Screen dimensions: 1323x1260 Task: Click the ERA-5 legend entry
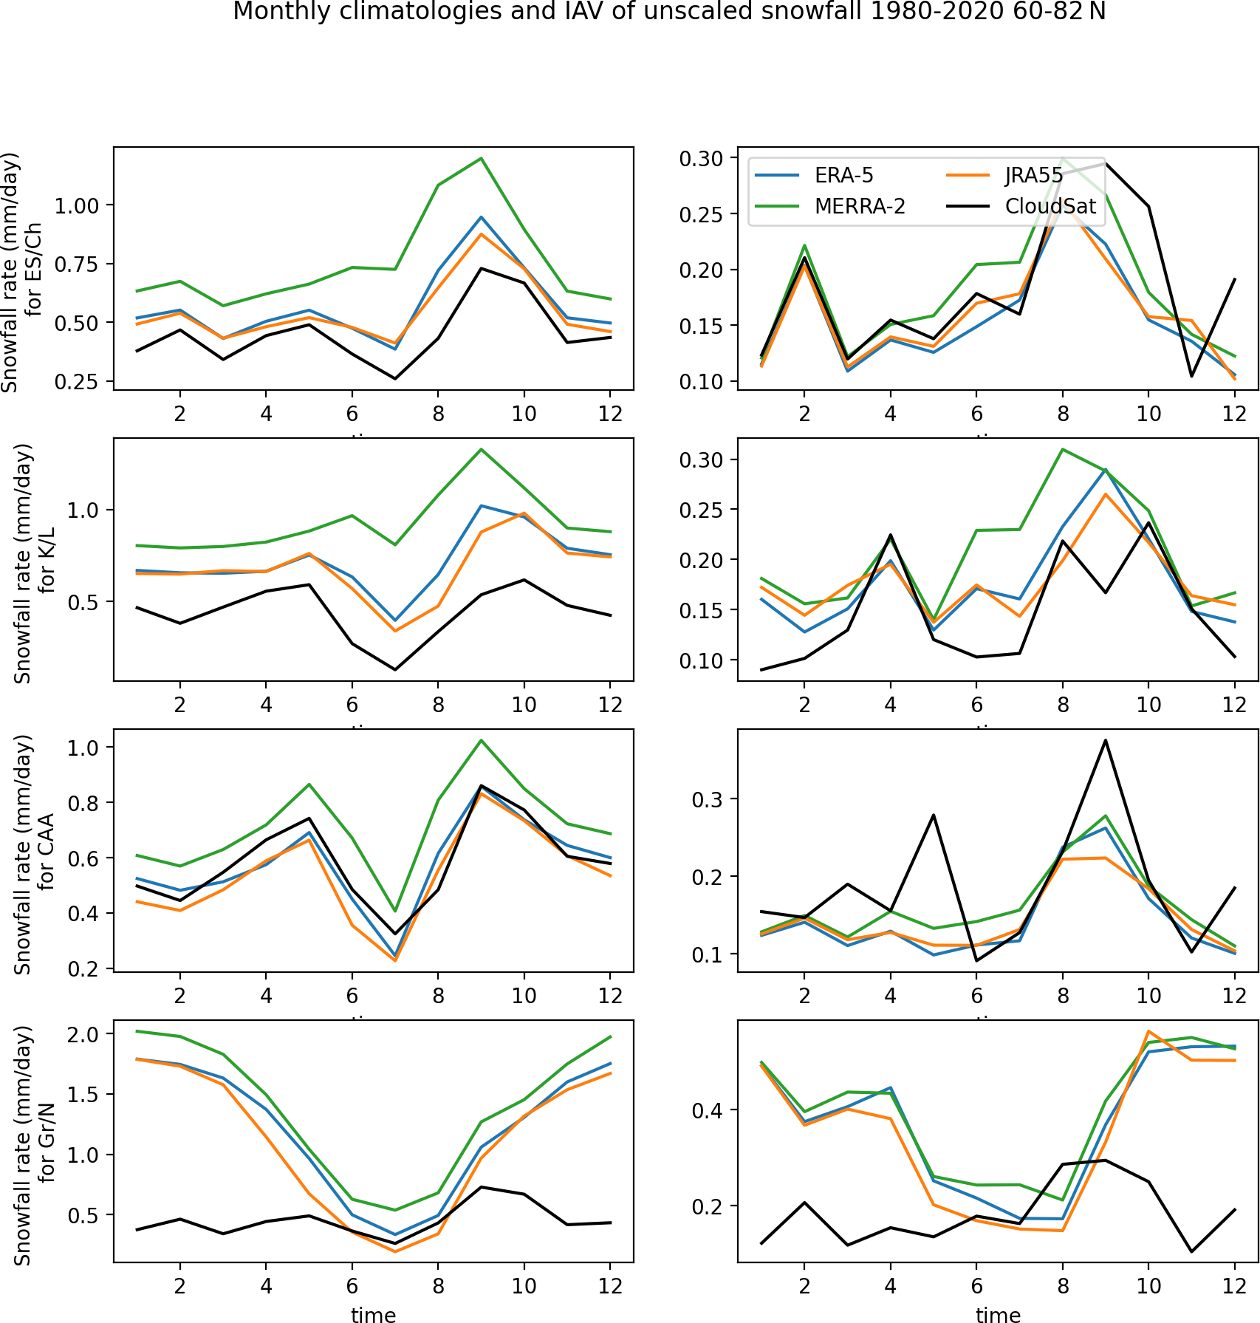point(843,175)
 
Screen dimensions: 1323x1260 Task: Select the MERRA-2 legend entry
point(859,206)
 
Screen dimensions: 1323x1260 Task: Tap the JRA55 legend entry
point(1033,175)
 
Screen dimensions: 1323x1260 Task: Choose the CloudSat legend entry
point(1050,206)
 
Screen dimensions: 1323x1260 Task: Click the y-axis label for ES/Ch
point(21,272)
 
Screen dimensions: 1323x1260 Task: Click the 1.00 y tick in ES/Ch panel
point(77,205)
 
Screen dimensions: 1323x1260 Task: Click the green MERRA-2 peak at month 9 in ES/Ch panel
point(482,158)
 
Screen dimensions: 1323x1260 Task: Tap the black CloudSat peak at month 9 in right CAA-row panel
point(1106,740)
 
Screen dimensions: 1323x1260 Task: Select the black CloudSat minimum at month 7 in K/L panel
point(395,670)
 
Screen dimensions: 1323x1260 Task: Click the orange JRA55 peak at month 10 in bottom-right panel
point(1148,1031)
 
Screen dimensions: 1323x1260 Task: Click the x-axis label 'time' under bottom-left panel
point(373,1314)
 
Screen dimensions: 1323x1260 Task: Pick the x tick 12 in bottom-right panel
point(1234,1286)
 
